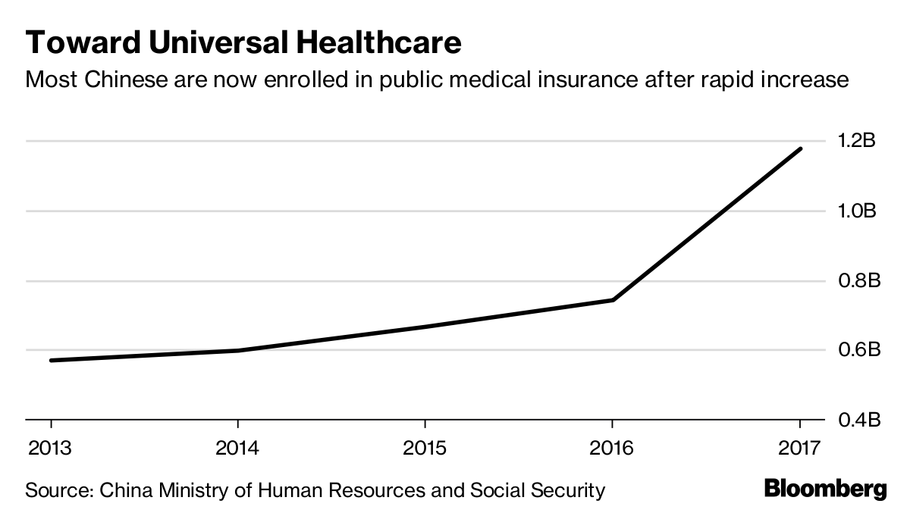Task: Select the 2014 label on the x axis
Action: point(237,448)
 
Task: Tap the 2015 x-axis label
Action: point(425,448)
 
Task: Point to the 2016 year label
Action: point(612,448)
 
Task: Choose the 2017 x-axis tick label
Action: point(800,448)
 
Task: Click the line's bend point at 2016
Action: point(613,300)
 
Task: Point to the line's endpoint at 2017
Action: point(800,149)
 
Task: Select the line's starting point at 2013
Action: point(52,360)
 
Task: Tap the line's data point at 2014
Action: point(238,350)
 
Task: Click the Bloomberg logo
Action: point(825,489)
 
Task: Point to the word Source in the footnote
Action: point(55,490)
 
